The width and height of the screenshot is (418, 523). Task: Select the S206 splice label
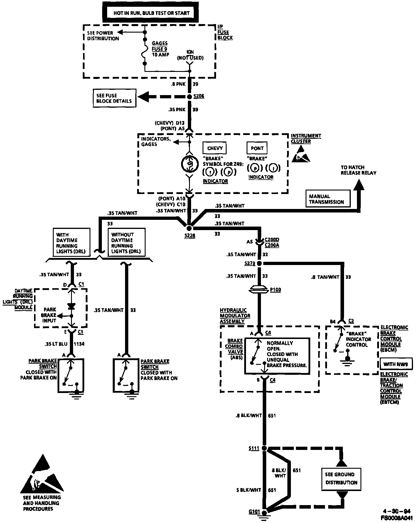199,96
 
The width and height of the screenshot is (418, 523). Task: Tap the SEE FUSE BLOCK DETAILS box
114,98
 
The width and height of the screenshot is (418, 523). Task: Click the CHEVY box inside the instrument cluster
215,148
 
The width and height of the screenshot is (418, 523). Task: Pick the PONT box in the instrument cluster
257,148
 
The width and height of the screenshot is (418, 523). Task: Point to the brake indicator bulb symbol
189,163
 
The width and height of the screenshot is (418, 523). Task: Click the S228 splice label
190,235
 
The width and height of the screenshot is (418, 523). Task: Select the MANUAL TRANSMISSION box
328,199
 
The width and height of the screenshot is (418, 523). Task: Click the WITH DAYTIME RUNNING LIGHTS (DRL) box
72,243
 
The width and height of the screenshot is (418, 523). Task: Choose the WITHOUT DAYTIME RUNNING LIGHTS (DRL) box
126,243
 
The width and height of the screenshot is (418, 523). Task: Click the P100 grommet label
275,290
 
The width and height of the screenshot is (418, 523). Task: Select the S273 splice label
250,263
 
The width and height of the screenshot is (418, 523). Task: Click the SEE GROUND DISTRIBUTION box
341,478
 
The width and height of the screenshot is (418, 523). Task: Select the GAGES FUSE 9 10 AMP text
160,49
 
